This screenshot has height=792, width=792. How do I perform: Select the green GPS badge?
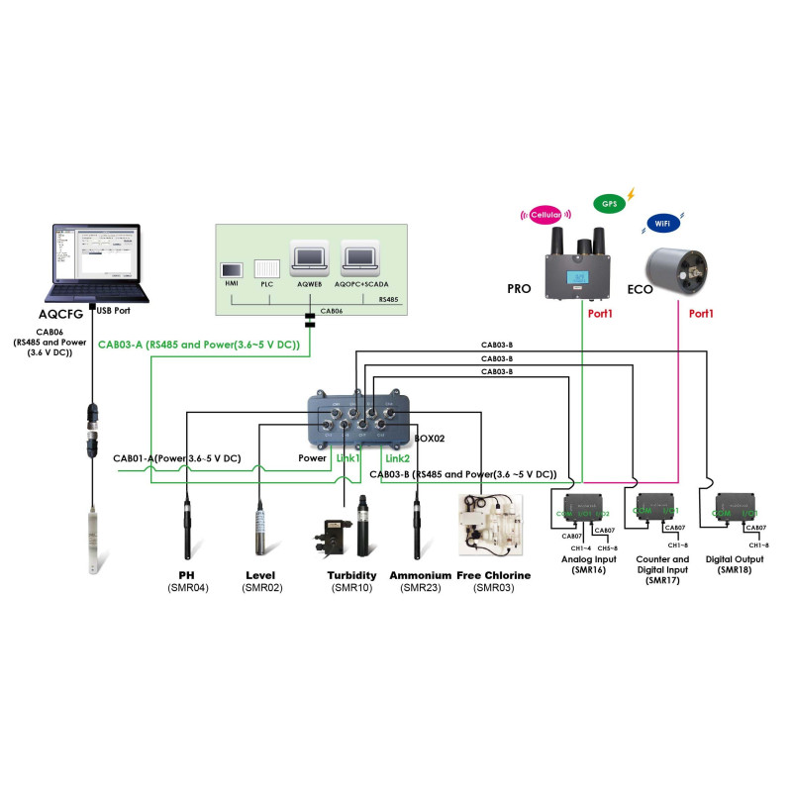pos(609,203)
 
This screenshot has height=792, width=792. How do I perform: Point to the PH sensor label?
pos(186,575)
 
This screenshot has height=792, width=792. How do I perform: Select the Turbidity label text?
pos(351,575)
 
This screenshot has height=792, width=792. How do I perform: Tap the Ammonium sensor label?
pos(421,575)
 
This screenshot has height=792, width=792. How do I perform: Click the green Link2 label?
pos(397,458)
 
